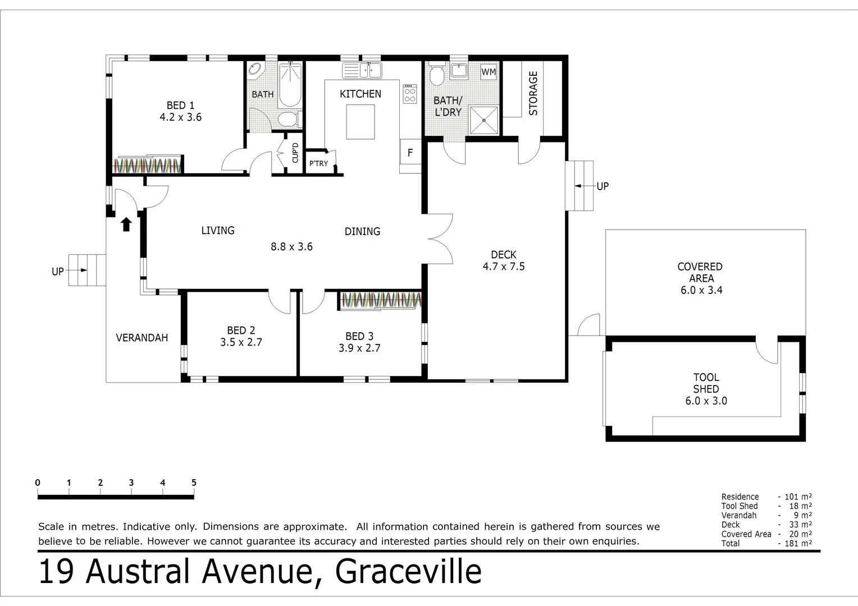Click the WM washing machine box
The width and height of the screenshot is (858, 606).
489,72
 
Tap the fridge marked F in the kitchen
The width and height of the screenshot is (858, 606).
410,152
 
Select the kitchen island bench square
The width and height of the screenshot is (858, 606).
360,122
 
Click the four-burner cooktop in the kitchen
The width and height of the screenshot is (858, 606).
410,94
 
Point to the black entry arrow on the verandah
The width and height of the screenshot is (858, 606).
126,224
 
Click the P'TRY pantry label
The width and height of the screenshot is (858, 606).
318,163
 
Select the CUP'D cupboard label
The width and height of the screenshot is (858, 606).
295,153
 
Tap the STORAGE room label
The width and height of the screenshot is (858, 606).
533,93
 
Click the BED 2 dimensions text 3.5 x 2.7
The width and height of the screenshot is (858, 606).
241,342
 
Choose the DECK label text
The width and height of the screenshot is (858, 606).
503,255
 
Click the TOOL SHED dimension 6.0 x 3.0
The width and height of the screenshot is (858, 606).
706,401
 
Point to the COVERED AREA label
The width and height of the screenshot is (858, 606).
700,272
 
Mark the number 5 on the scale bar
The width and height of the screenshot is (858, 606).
194,483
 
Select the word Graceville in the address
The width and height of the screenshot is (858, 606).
408,572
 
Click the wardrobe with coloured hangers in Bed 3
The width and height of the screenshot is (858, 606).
381,300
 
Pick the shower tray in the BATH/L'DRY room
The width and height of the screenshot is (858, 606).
483,120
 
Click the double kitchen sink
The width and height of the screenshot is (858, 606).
362,71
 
